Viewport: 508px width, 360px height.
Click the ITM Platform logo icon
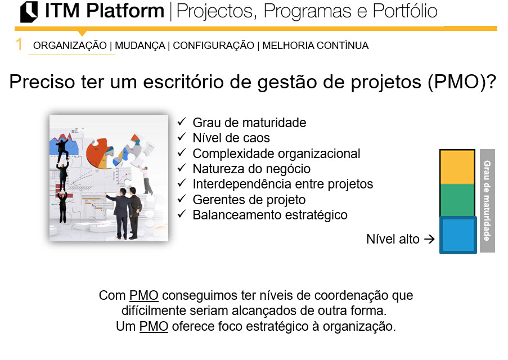(29, 12)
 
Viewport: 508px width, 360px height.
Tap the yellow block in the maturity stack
(457, 167)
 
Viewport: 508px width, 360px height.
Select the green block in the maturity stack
(457, 200)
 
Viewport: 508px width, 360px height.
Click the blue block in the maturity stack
(458, 235)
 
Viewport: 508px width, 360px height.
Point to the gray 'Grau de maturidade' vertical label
(487, 200)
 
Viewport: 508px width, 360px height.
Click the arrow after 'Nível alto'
(429, 240)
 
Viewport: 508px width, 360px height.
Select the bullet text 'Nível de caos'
(231, 138)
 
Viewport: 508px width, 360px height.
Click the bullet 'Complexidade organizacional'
(276, 154)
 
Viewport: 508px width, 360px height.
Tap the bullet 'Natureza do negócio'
(251, 169)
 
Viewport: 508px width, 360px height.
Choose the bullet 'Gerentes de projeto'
(249, 200)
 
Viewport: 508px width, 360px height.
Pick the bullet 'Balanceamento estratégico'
(269, 215)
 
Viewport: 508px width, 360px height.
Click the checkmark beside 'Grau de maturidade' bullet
(181, 122)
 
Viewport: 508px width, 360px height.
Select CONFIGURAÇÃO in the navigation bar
(213, 46)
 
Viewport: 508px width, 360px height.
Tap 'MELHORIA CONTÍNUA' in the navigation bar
(315, 46)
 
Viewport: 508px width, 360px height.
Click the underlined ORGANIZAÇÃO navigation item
(70, 46)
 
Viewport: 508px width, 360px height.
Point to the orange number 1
(20, 45)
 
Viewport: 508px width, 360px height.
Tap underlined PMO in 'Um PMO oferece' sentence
(154, 326)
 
